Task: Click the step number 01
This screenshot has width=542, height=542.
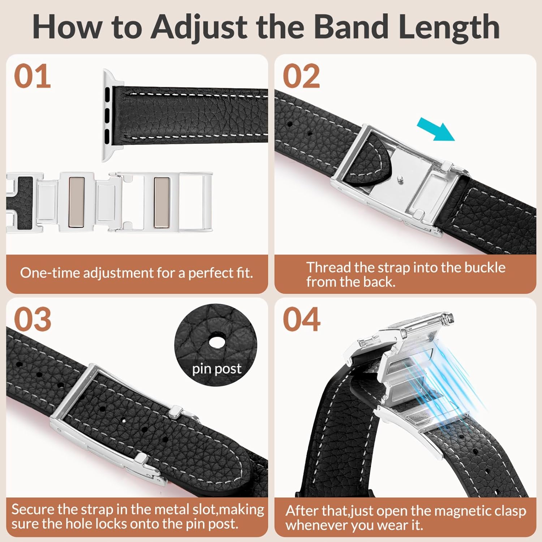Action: coord(33,76)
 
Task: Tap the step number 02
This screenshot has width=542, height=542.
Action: coord(301,76)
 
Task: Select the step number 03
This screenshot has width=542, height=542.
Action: coord(33,319)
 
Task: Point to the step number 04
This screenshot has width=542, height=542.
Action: coord(301,319)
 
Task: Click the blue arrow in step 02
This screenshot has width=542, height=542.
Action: coord(436,130)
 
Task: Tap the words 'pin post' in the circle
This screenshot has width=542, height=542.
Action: coord(216,369)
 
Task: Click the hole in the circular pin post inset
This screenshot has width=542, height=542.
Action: coord(216,341)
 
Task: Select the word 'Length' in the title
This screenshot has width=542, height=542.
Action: coord(449,27)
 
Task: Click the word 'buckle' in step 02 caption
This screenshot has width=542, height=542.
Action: coord(485,267)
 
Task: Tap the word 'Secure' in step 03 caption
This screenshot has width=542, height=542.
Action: coord(33,509)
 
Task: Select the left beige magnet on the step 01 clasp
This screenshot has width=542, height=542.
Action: coord(76,202)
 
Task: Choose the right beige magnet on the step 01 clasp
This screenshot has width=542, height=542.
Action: coord(162,202)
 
